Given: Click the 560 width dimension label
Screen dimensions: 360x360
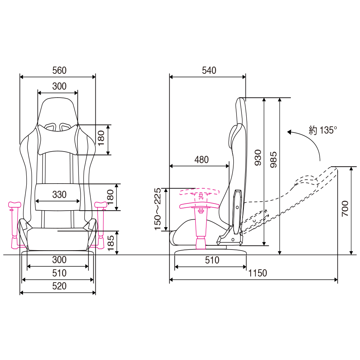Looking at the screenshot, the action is pyautogui.click(x=59, y=71).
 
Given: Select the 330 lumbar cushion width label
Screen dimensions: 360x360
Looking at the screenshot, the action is pyautogui.click(x=59, y=194).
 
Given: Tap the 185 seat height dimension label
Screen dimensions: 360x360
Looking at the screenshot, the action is pyautogui.click(x=111, y=243).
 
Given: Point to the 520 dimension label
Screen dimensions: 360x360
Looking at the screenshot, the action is pyautogui.click(x=59, y=286).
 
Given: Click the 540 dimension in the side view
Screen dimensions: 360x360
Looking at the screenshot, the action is pyautogui.click(x=209, y=71).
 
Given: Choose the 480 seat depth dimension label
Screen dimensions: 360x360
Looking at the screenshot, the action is pyautogui.click(x=201, y=160).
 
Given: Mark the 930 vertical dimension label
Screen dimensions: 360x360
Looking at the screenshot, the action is pyautogui.click(x=258, y=158).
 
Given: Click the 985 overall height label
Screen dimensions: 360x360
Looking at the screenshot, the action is pyautogui.click(x=274, y=159).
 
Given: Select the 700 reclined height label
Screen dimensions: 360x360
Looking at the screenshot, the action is pyautogui.click(x=345, y=208).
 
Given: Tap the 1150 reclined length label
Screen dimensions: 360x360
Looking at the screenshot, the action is pyautogui.click(x=258, y=273).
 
